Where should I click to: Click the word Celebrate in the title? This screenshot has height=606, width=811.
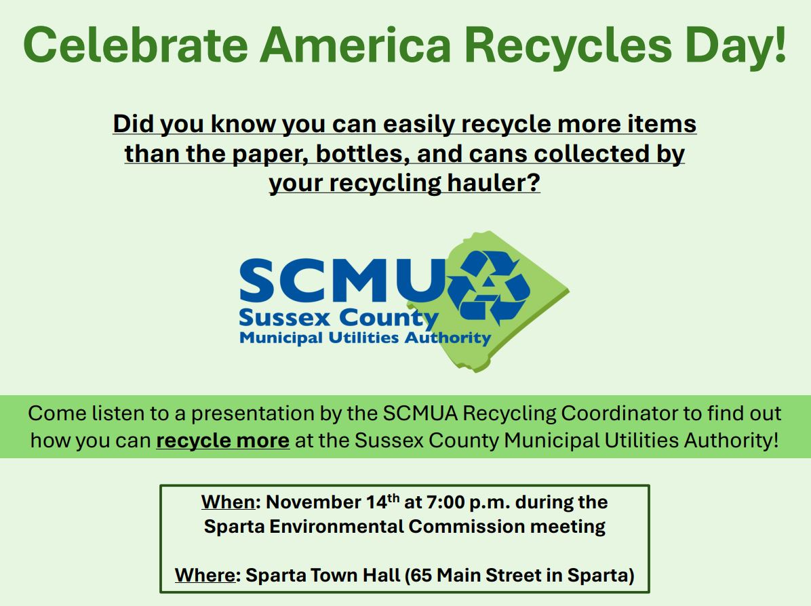pyautogui.click(x=136, y=45)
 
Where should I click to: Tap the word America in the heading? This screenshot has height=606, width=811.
pyautogui.click(x=355, y=45)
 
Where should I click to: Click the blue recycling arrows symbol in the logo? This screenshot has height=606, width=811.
pyautogui.click(x=490, y=287)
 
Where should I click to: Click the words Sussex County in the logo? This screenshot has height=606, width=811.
pyautogui.click(x=339, y=318)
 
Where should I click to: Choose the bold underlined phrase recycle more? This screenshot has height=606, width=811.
pyautogui.click(x=223, y=441)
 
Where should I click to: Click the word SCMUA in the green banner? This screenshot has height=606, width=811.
pyautogui.click(x=420, y=413)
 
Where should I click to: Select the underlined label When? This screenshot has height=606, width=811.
pyautogui.click(x=228, y=502)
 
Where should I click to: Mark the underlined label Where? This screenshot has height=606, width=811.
pyautogui.click(x=205, y=575)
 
